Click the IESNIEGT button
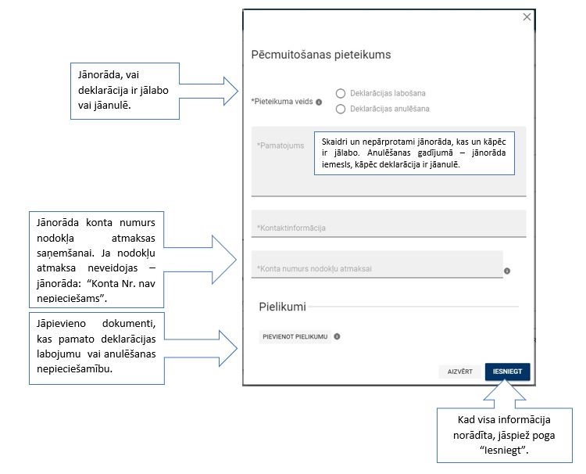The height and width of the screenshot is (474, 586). coord(507,372)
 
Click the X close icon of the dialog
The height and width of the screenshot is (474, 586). coord(527,17)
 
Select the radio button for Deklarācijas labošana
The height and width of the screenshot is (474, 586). coord(341,93)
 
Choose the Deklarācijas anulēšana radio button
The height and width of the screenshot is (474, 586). coord(341,109)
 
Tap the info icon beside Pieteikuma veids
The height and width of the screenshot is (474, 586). coord(319,102)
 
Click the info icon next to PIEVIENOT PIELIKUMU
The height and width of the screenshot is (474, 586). coord(337,336)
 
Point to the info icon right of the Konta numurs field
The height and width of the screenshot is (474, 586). coord(507,271)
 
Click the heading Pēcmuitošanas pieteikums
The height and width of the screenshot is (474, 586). coord(320,55)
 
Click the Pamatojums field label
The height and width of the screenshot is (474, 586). coord(280,145)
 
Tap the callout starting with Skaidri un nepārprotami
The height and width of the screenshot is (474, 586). coord(414,152)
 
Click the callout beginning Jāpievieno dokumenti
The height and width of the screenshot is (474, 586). coord(96,349)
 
